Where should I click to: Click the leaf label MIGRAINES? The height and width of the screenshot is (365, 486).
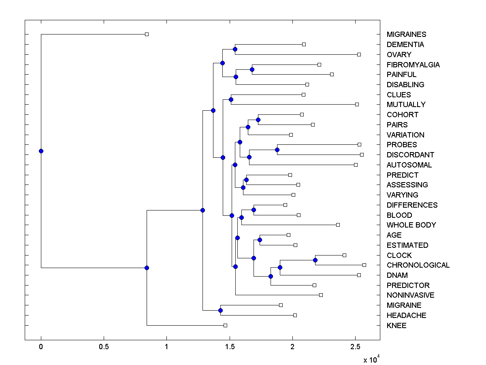click(406, 34)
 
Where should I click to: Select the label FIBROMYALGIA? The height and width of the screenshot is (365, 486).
click(413, 64)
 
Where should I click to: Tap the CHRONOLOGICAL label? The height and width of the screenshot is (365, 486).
click(418, 265)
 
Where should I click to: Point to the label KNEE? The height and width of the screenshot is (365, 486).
click(396, 325)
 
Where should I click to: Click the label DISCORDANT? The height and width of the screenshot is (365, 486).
click(410, 155)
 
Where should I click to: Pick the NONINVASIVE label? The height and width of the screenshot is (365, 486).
click(410, 295)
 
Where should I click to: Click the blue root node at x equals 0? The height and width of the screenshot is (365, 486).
click(41, 151)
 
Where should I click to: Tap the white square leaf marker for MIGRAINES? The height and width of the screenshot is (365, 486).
click(147, 34)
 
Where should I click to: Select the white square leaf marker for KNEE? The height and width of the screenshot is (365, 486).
click(226, 325)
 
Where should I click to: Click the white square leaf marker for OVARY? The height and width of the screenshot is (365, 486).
click(359, 54)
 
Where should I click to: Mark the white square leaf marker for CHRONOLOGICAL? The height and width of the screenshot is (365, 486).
click(364, 265)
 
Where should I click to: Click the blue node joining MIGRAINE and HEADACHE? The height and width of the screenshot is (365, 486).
click(220, 310)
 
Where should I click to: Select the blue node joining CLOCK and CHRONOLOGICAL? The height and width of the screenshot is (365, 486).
click(315, 260)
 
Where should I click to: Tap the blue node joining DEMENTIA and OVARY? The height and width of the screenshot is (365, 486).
click(235, 49)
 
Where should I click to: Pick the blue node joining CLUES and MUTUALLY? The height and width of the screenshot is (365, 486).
click(231, 99)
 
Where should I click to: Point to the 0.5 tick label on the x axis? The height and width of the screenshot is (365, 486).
click(104, 347)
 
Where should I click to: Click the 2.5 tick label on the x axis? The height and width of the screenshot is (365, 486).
click(355, 347)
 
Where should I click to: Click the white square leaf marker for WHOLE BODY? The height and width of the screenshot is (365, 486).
click(338, 225)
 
